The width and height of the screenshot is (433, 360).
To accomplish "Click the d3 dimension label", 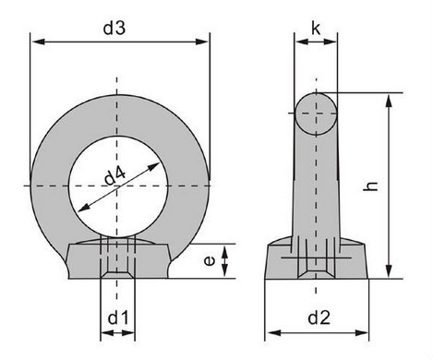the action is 114,28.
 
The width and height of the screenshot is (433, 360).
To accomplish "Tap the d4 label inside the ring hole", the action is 114,175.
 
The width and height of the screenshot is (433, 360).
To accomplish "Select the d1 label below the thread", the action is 118,318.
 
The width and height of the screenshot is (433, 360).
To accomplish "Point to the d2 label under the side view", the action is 319,318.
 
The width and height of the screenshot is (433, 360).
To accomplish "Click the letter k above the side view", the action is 316,29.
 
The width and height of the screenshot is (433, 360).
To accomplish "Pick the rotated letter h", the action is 370,186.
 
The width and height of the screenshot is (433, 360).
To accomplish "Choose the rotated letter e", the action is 210,261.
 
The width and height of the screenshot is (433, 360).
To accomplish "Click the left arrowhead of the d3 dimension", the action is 38,42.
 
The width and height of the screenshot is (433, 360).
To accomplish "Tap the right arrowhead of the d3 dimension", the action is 202,42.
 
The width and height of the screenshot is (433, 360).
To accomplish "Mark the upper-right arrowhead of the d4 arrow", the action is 153,166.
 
